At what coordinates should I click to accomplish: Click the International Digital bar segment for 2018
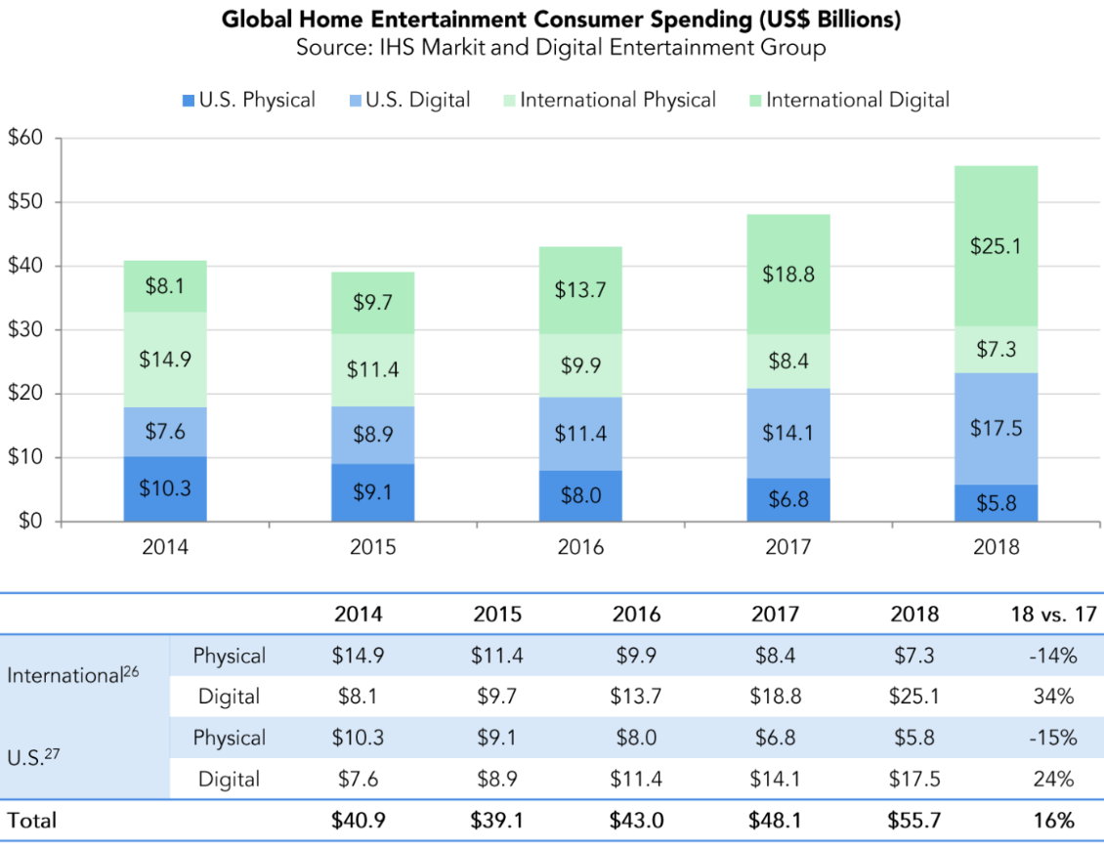pyautogui.click(x=996, y=246)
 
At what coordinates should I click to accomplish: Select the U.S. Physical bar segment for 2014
pyautogui.click(x=164, y=488)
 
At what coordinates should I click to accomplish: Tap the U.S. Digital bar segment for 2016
pyautogui.click(x=580, y=434)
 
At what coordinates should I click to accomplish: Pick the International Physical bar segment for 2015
pyautogui.click(x=372, y=370)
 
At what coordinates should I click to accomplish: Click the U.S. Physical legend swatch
pyautogui.click(x=188, y=100)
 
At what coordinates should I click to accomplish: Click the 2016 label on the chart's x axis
pyautogui.click(x=580, y=547)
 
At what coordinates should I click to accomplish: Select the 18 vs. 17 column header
pyautogui.click(x=1051, y=615)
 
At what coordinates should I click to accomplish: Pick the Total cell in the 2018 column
pyautogui.click(x=913, y=821)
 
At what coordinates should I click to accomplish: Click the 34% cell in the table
pyautogui.click(x=1051, y=697)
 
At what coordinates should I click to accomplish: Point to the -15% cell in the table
pyautogui.click(x=1051, y=738)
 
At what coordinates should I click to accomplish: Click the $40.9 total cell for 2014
pyautogui.click(x=358, y=821)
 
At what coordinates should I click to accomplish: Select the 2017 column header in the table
pyautogui.click(x=775, y=615)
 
